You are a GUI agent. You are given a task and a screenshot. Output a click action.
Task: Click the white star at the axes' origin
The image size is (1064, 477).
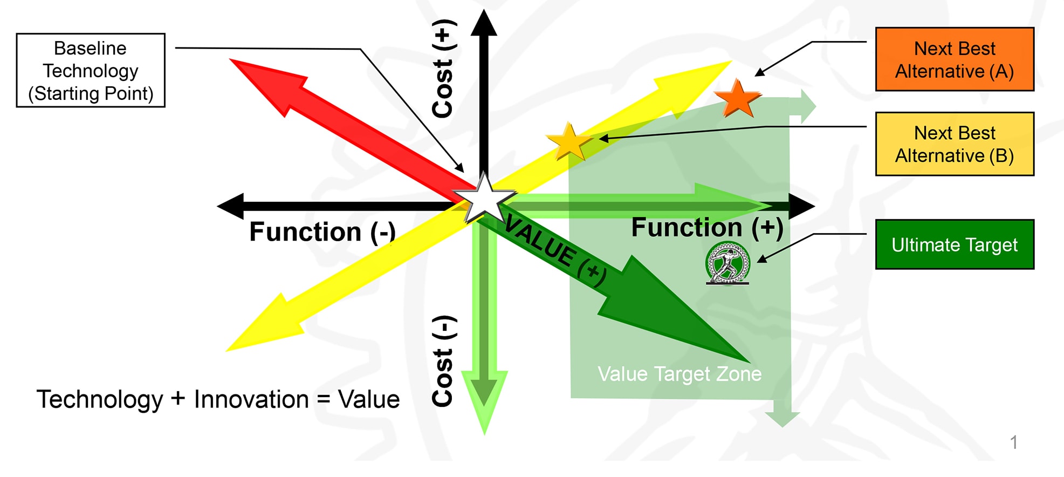click(x=484, y=199)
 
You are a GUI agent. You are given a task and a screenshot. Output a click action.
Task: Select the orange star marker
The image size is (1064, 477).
click(x=738, y=99)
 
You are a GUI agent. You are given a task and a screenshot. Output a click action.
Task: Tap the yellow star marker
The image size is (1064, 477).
click(x=569, y=141)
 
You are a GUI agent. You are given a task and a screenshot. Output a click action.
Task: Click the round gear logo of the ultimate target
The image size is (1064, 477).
click(x=727, y=263)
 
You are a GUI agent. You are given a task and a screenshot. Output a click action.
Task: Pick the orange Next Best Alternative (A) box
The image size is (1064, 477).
click(x=954, y=59)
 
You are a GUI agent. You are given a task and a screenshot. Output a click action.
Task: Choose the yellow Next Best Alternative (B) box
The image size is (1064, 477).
click(x=954, y=144)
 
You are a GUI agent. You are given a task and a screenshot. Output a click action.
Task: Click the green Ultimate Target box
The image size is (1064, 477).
click(x=954, y=244)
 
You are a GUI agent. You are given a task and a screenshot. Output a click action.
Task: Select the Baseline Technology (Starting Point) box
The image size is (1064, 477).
click(x=91, y=71)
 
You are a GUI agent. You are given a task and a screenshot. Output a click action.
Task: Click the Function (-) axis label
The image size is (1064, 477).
click(x=322, y=232)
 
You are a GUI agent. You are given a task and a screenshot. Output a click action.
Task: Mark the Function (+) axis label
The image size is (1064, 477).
click(x=707, y=228)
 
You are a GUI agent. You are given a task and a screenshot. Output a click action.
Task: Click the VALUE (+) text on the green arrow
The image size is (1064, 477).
click(x=555, y=249)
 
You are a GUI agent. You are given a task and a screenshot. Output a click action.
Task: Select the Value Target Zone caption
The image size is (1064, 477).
click(x=679, y=374)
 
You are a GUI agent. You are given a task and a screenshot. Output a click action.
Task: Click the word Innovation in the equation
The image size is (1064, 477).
click(x=251, y=400)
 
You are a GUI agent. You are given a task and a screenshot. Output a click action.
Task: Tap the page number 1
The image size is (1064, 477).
click(x=1013, y=442)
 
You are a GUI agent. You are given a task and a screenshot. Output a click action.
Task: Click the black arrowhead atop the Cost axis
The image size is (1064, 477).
click(x=484, y=23)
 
